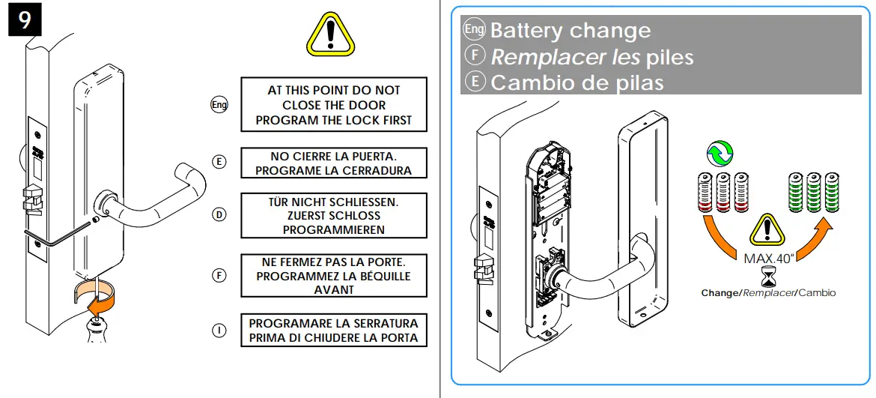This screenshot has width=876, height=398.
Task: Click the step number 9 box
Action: tap(24, 19)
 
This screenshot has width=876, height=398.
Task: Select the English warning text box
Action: tap(333, 105)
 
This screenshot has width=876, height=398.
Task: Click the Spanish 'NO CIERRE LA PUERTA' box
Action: tap(333, 163)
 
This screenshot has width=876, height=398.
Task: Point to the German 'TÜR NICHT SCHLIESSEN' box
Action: tap(333, 215)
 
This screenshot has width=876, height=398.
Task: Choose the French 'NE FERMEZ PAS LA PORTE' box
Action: tap(333, 275)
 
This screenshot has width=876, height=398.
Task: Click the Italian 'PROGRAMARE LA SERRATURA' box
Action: tap(333, 331)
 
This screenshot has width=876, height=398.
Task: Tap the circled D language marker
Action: tap(219, 215)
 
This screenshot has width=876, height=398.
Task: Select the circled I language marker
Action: tap(219, 331)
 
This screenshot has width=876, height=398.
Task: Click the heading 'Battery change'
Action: tap(570, 31)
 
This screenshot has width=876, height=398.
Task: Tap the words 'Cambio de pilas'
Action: tap(577, 82)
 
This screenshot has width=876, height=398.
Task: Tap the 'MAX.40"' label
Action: tap(769, 258)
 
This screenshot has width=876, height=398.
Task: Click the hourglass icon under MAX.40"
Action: tap(768, 278)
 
